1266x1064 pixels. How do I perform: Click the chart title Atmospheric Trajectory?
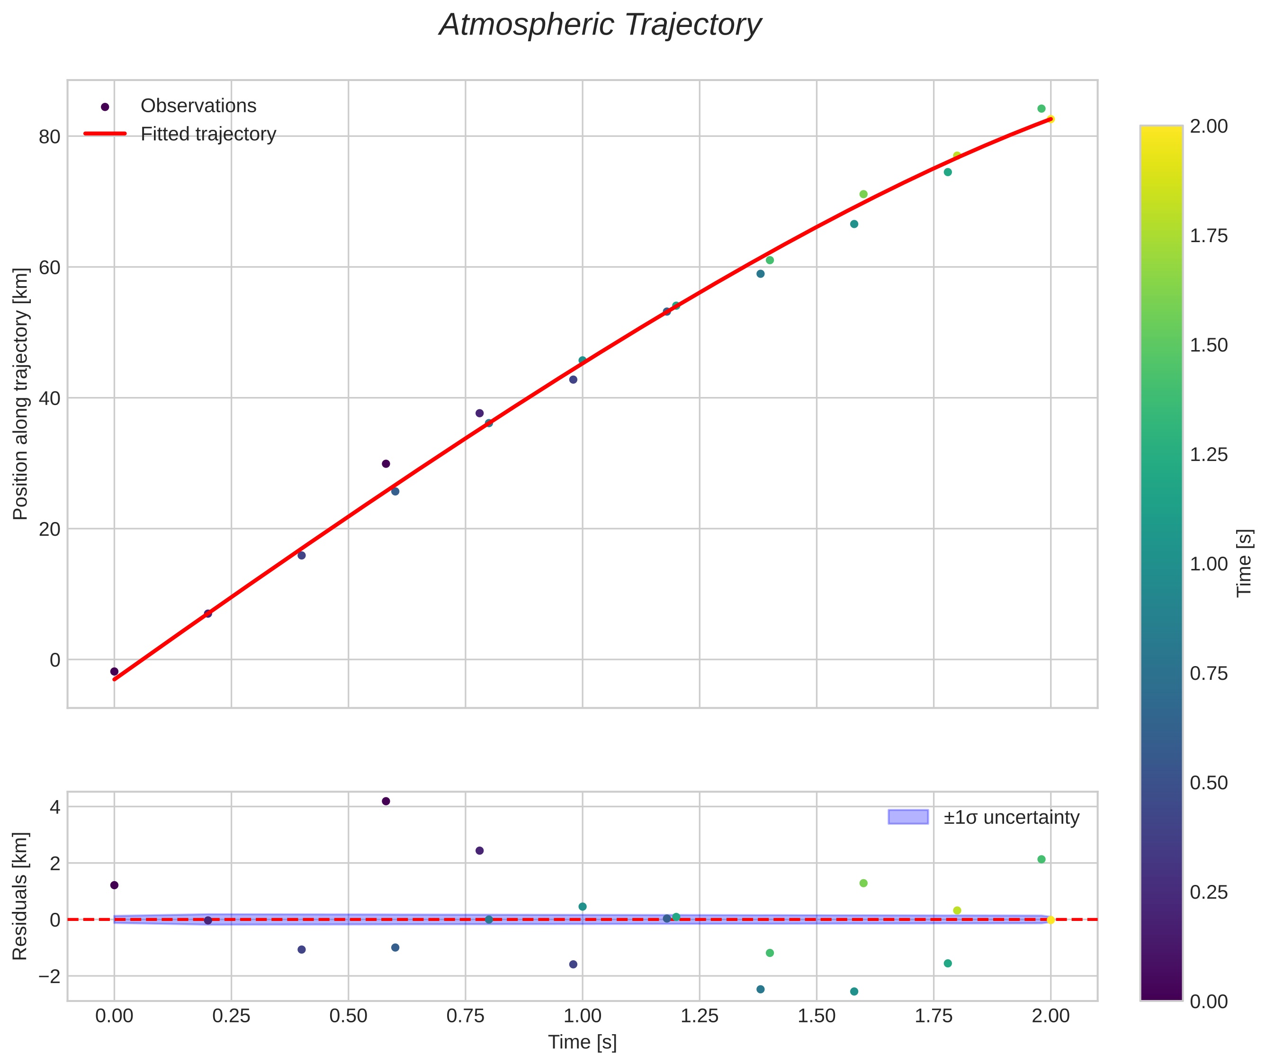pyautogui.click(x=600, y=25)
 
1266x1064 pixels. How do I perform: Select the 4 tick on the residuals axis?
pyautogui.click(x=55, y=807)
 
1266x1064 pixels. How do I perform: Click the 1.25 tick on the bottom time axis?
pyautogui.click(x=699, y=1016)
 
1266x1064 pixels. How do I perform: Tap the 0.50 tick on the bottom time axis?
pyautogui.click(x=348, y=1016)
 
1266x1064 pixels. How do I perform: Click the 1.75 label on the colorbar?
pyautogui.click(x=1208, y=236)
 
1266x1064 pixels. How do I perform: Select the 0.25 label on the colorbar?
pyautogui.click(x=1208, y=892)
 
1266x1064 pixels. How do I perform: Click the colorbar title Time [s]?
pyautogui.click(x=1245, y=563)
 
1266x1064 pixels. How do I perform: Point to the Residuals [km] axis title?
pyautogui.click(x=20, y=896)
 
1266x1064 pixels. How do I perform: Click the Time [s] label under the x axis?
pyautogui.click(x=582, y=1042)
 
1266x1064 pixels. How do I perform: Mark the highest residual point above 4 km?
pyautogui.click(x=386, y=801)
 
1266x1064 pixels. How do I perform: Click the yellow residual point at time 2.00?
pyautogui.click(x=1051, y=920)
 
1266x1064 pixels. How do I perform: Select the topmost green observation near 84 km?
pyautogui.click(x=1041, y=108)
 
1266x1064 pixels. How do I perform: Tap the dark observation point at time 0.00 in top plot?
pyautogui.click(x=115, y=671)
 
